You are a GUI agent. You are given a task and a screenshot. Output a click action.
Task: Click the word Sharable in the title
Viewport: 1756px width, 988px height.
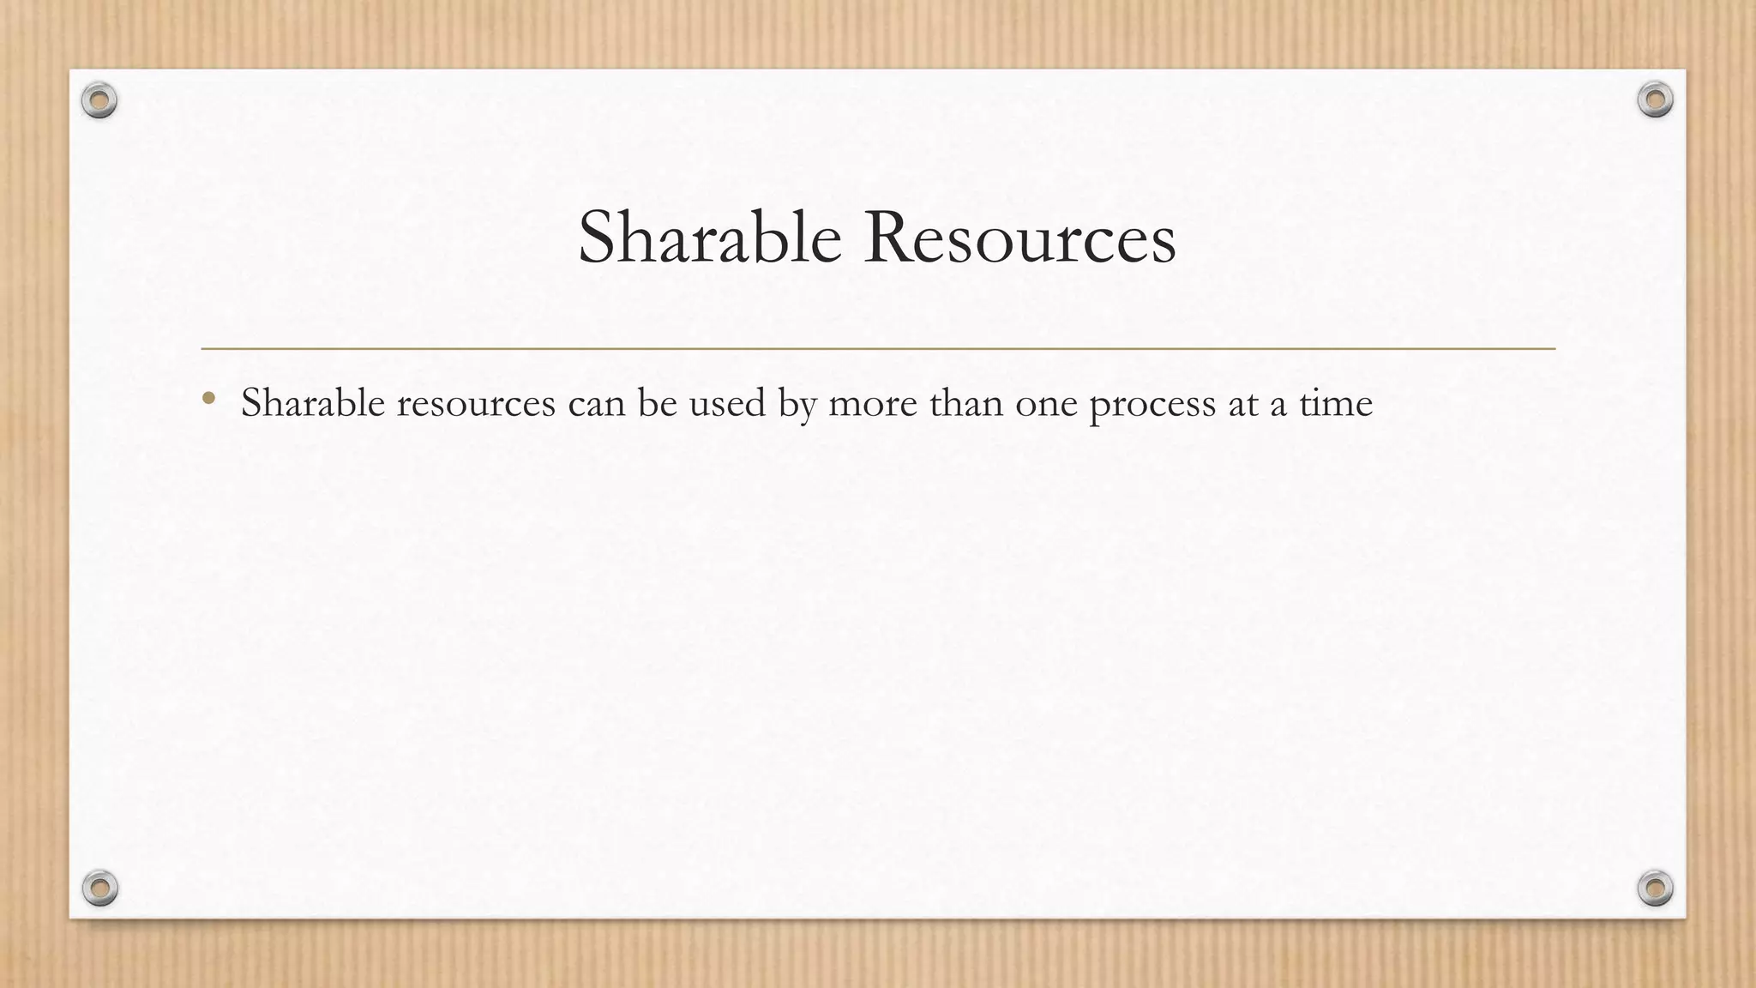709,238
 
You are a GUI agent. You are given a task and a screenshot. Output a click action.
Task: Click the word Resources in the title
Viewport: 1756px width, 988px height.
1019,238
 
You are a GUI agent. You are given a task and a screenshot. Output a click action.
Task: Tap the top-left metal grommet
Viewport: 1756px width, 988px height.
99,101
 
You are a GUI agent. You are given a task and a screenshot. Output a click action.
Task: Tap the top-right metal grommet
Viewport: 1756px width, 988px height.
1655,100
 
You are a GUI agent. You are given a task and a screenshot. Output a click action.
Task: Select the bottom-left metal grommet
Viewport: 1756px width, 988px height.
99,888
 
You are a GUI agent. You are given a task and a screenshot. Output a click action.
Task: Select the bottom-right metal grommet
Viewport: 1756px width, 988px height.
1655,888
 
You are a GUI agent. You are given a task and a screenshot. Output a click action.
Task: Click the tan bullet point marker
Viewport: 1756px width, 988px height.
208,398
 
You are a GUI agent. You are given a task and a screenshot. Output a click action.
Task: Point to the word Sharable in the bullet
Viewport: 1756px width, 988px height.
313,403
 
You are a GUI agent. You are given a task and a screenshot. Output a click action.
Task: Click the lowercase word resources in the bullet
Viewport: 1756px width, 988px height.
476,404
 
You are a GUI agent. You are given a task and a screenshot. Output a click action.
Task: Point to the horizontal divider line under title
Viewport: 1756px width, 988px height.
878,349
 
